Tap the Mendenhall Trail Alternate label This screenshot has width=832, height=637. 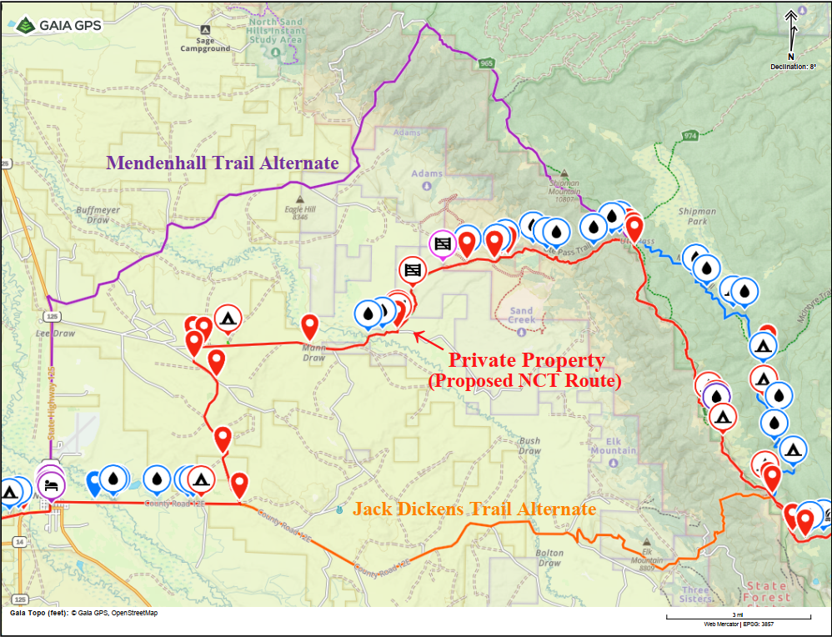pos(222,163)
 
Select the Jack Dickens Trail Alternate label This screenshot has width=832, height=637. pos(474,509)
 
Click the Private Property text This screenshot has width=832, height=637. pos(526,360)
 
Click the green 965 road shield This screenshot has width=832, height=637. pos(487,63)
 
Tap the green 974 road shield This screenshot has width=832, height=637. pos(689,135)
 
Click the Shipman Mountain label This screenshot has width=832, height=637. pos(565,191)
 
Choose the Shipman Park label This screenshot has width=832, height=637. pos(697,217)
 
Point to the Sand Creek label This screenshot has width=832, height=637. pos(521,315)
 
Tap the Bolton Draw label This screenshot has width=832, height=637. pos(549,558)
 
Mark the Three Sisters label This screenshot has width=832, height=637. pos(697,594)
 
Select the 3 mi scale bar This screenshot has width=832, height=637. pos(738,617)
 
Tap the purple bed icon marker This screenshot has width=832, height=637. pos(51,484)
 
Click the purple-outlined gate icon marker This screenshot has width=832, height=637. pos(442,243)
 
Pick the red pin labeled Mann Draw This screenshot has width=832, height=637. pos(309,328)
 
